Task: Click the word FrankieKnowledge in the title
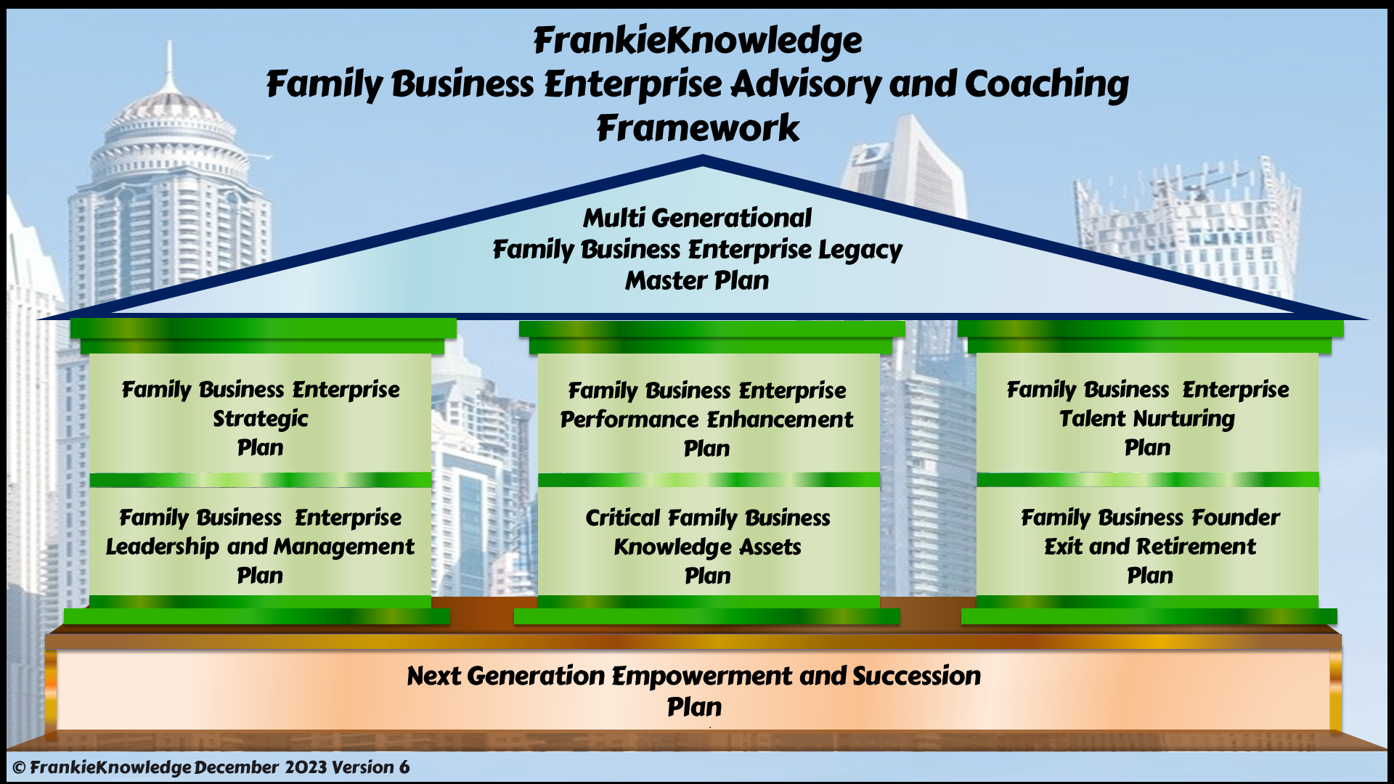pyautogui.click(x=698, y=41)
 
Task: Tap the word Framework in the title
pyautogui.click(x=698, y=128)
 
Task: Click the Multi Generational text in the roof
pyautogui.click(x=697, y=218)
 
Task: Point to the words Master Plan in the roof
pyautogui.click(x=697, y=280)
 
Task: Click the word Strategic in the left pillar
pyautogui.click(x=260, y=420)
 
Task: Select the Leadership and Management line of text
pyautogui.click(x=260, y=547)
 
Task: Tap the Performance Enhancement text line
pyautogui.click(x=706, y=420)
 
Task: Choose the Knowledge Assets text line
pyautogui.click(x=707, y=547)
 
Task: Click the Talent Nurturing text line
pyautogui.click(x=1147, y=419)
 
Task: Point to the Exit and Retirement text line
pyautogui.click(x=1150, y=547)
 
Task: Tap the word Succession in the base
pyautogui.click(x=916, y=676)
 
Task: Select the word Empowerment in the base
pyautogui.click(x=701, y=677)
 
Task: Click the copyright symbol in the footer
pyautogui.click(x=20, y=768)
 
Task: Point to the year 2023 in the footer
pyautogui.click(x=305, y=767)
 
